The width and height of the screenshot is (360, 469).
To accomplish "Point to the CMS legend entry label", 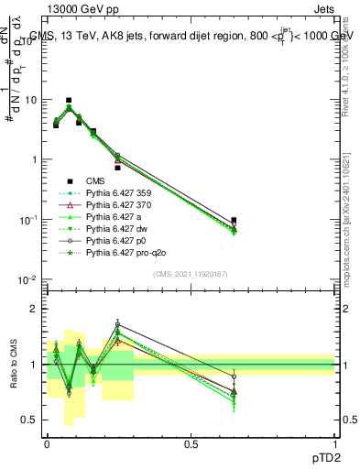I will (x=96, y=180).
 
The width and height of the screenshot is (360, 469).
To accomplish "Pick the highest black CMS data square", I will (x=69, y=100).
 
